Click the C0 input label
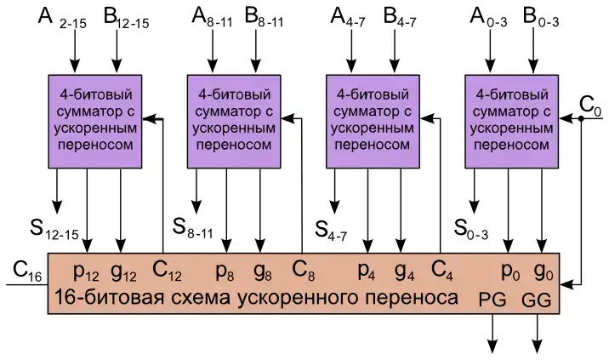click(x=589, y=106)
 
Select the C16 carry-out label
click(x=27, y=271)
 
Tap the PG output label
click(x=492, y=299)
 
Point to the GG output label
click(x=537, y=299)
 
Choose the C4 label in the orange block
click(x=442, y=271)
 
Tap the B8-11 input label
click(x=265, y=16)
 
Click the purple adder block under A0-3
click(x=508, y=120)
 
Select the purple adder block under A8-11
click(x=231, y=120)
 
